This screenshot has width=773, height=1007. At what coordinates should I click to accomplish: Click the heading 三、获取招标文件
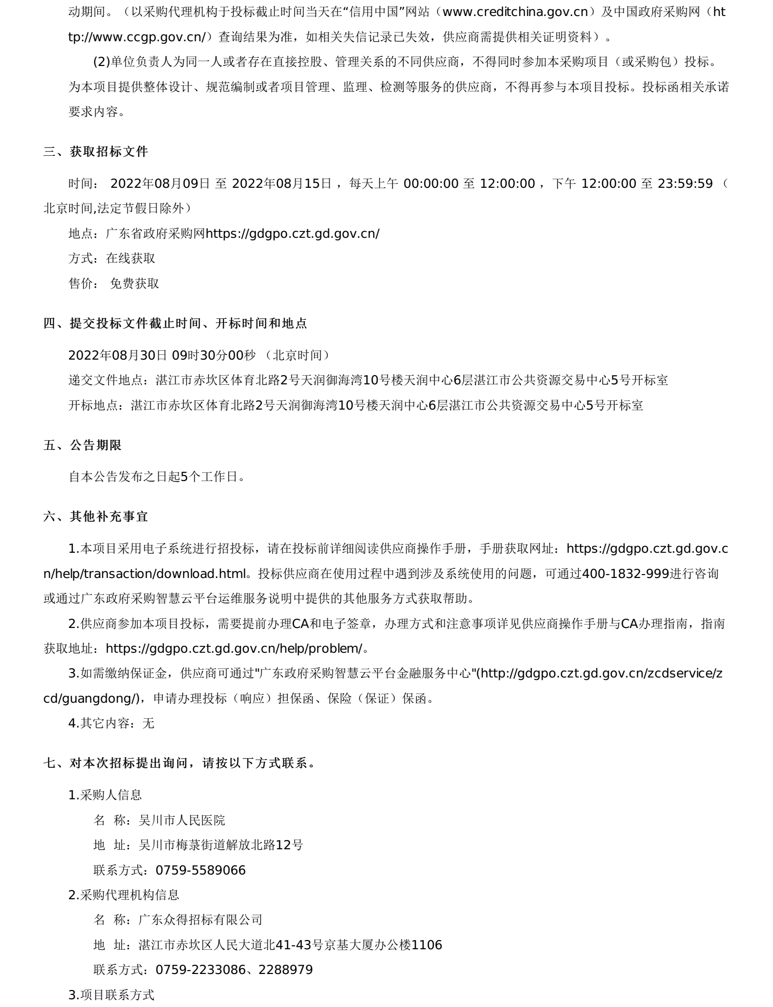[96, 152]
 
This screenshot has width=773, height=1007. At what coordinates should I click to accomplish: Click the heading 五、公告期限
[82, 445]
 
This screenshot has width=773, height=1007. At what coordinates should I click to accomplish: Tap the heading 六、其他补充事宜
[96, 516]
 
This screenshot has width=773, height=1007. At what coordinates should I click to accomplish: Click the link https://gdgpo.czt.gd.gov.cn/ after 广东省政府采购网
[293, 233]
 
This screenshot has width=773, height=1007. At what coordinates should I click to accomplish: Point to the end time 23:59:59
[685, 183]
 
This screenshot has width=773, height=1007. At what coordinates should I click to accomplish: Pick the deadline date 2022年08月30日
[118, 355]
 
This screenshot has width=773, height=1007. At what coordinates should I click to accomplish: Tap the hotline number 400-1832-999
[625, 574]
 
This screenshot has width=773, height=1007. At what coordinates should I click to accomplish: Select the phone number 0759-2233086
[200, 970]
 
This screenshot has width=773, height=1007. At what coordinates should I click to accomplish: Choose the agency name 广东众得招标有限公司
[200, 920]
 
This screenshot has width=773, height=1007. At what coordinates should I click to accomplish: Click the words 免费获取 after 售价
[134, 283]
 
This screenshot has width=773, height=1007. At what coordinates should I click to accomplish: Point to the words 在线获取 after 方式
[131, 258]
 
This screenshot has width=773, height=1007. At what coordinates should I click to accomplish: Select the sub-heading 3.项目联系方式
[111, 995]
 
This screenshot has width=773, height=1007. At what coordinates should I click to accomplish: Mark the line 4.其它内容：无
[111, 723]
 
